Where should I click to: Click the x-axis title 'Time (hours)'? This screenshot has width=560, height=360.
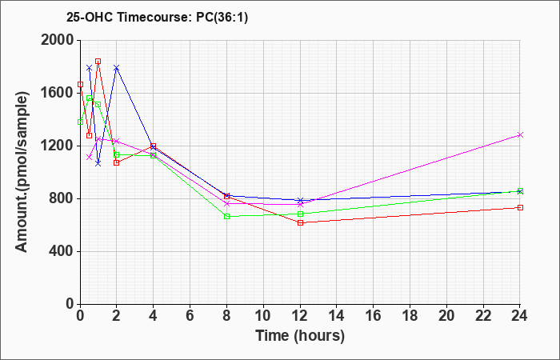point(300,335)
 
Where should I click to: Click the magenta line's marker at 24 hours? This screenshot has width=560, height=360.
point(520,135)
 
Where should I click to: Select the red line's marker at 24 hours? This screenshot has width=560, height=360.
point(520,208)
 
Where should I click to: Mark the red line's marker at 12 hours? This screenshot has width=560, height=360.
point(300,222)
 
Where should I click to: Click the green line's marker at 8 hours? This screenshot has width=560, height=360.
point(226,217)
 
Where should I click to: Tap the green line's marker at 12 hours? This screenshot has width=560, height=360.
point(300,214)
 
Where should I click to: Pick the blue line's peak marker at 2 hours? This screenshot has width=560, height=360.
point(117,67)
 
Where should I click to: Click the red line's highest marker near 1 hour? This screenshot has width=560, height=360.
point(98,61)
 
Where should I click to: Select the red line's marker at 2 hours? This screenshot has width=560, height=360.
point(117,162)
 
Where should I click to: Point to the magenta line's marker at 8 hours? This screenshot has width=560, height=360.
point(226,203)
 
